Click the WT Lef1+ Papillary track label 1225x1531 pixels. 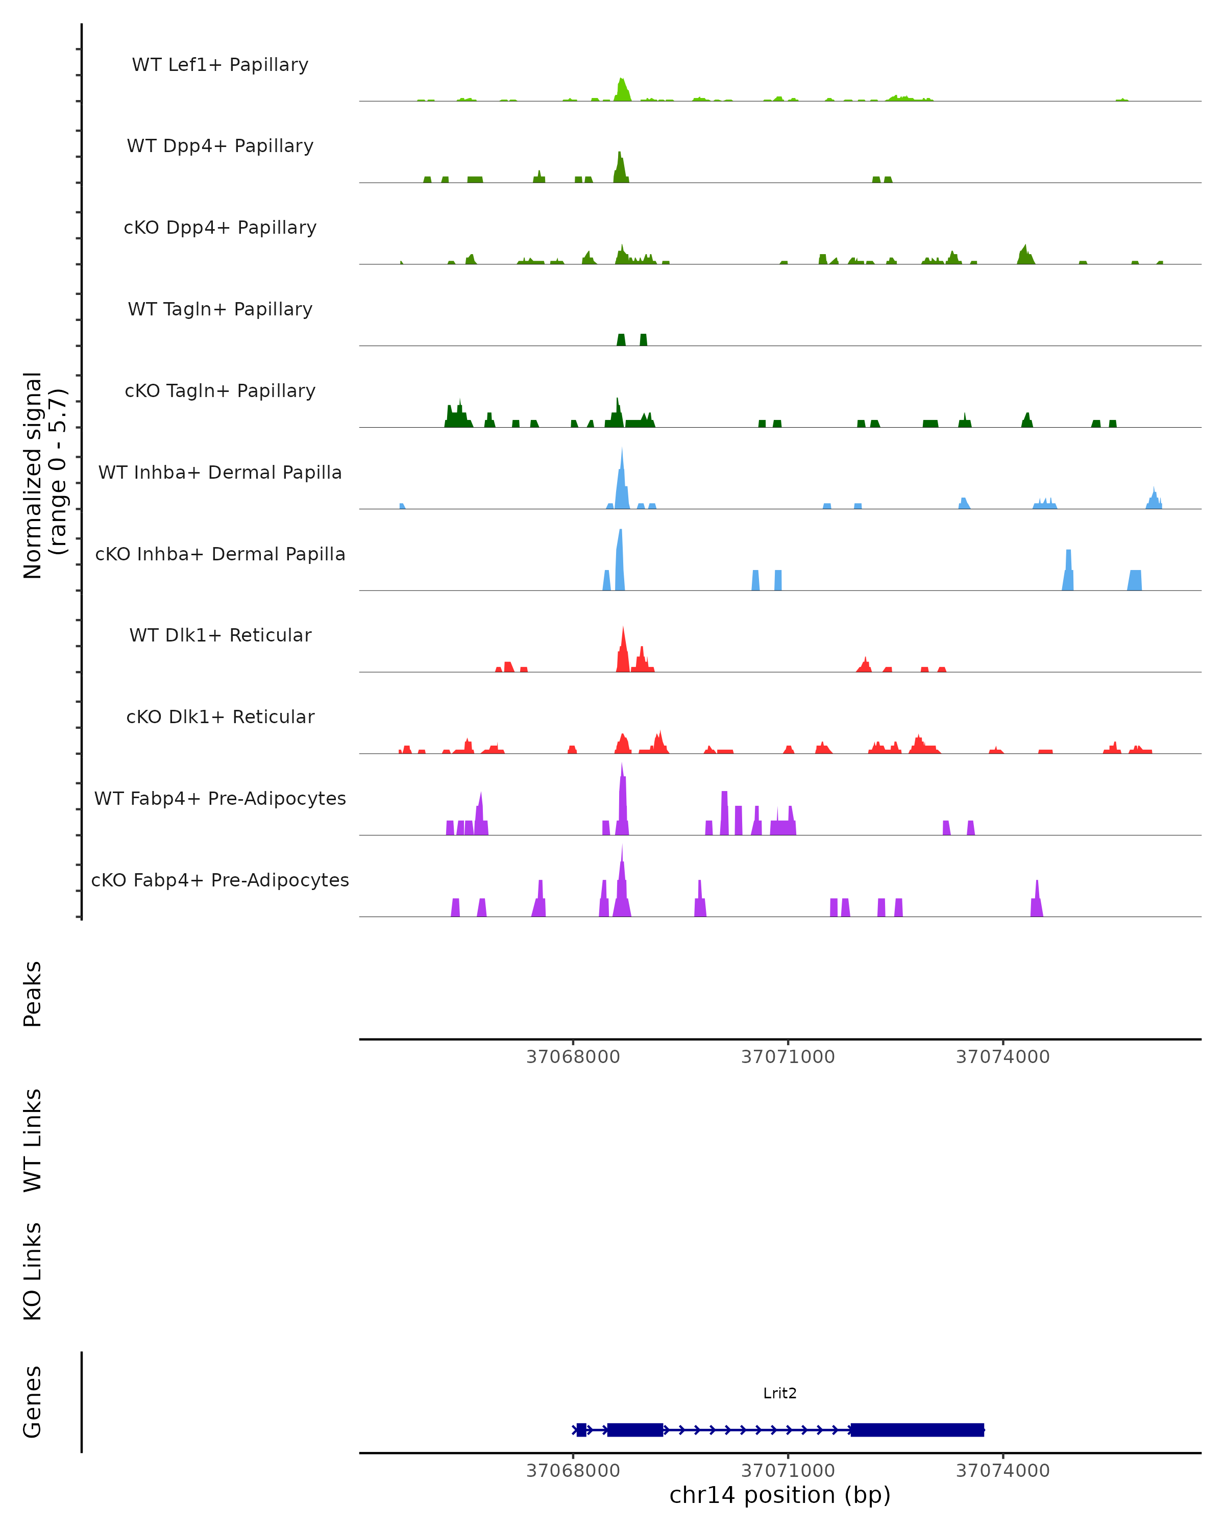tap(220, 65)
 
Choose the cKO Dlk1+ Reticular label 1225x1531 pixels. tap(220, 717)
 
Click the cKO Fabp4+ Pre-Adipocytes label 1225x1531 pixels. tap(220, 880)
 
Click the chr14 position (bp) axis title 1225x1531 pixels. tap(780, 1495)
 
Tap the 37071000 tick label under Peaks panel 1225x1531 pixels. tap(788, 1057)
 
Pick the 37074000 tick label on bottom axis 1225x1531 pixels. tap(1003, 1471)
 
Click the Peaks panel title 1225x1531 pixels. tap(33, 994)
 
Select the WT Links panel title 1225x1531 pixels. tap(33, 1140)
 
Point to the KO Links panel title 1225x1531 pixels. tap(33, 1271)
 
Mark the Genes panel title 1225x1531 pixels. tap(33, 1402)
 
